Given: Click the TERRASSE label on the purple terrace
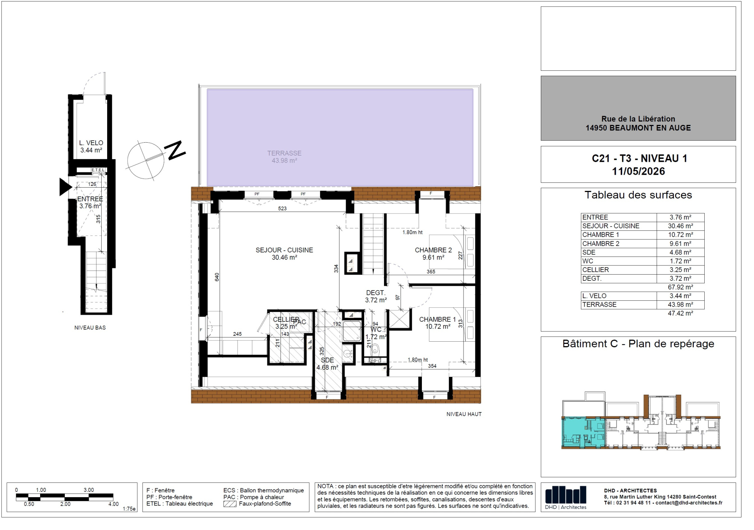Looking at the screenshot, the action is tap(284, 153).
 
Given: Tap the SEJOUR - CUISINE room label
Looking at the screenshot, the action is tap(284, 250).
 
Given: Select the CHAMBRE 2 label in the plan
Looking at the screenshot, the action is tap(433, 250).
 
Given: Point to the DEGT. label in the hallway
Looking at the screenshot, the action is tap(376, 293).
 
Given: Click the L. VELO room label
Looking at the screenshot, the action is tap(91, 143).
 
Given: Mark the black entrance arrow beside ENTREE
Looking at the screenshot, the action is tap(65, 187).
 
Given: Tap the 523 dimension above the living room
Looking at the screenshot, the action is tap(282, 209).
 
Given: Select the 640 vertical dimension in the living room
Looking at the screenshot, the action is tap(217, 277).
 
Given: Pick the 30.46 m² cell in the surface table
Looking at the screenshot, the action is tap(680, 226).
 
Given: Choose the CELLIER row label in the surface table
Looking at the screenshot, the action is tap(595, 270).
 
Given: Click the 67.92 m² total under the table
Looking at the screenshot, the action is tap(680, 287).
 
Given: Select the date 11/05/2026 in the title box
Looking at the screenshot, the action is tap(638, 171).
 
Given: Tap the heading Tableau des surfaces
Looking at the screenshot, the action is tap(638, 195).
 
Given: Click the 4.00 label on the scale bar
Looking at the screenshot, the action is tap(113, 504).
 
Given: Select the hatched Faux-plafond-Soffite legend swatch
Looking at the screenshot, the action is tap(230, 504).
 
